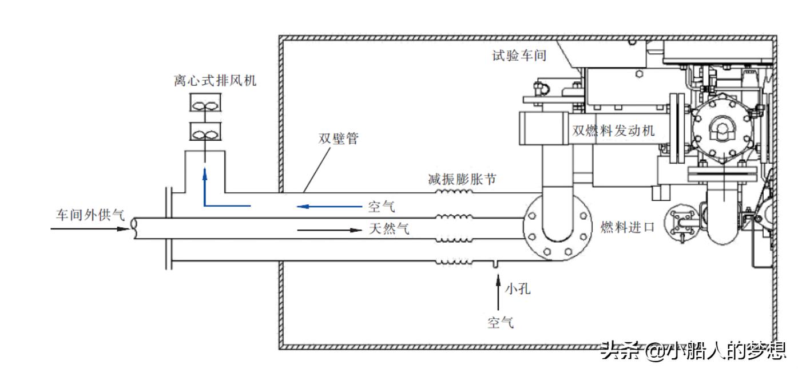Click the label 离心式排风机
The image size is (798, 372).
coord(215,81)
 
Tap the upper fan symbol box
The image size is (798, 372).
coord(205,105)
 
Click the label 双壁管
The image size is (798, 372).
coord(338,139)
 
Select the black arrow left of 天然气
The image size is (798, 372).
coord(329,230)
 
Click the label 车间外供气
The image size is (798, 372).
coord(90,215)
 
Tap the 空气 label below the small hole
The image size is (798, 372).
coord(500,323)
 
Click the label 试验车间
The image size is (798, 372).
coord(519,56)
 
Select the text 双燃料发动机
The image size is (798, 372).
coord(613,131)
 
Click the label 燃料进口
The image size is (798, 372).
coord(627,227)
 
